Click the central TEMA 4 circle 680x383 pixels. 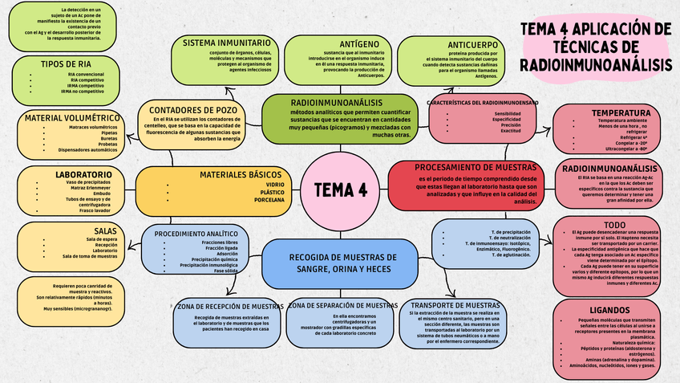[339, 189]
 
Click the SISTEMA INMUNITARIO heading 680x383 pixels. [226, 42]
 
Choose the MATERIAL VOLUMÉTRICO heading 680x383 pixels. [72, 118]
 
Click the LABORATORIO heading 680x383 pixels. [83, 173]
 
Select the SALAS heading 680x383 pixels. [104, 230]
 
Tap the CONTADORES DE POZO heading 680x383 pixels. [193, 109]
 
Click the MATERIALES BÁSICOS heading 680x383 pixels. [241, 173]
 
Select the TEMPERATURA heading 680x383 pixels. [621, 112]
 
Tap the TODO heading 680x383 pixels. [614, 225]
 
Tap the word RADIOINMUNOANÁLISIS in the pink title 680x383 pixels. [595, 63]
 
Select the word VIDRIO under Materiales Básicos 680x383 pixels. [273, 185]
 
